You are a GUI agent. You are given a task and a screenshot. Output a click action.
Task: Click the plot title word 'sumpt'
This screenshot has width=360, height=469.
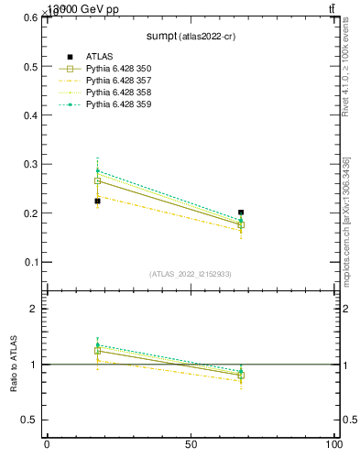(162, 38)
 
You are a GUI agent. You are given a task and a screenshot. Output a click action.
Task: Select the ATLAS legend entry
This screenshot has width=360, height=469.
(99, 58)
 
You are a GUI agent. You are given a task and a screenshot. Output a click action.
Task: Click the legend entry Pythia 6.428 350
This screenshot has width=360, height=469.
(118, 70)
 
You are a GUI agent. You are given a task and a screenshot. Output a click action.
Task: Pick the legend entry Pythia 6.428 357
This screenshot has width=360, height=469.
(118, 82)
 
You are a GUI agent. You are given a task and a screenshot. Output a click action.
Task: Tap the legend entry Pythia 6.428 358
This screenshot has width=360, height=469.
(118, 93)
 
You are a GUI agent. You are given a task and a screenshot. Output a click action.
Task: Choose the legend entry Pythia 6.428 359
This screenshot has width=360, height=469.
(118, 105)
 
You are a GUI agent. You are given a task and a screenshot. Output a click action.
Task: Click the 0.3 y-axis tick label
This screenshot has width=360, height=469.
(29, 165)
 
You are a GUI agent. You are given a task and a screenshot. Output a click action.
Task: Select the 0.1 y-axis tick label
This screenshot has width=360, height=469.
(29, 262)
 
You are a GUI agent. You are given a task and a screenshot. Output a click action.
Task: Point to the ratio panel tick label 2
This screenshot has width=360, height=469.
(35, 309)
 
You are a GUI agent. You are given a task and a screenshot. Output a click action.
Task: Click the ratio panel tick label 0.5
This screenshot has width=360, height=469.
(29, 420)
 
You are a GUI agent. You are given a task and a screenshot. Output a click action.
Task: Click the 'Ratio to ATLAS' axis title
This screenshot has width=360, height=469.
(14, 365)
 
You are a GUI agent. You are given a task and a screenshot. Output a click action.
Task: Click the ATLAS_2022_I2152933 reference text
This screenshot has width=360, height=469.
(190, 274)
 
